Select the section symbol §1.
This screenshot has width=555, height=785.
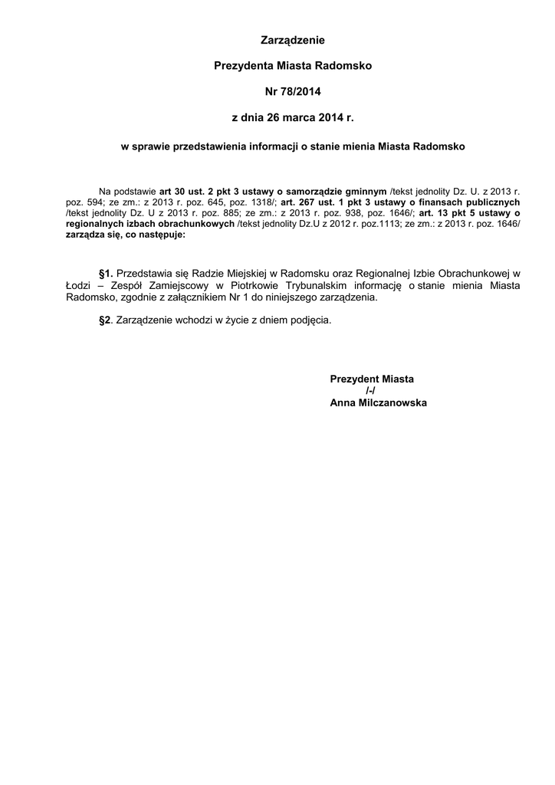pyautogui.click(x=106, y=273)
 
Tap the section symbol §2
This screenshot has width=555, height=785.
pyautogui.click(x=105, y=320)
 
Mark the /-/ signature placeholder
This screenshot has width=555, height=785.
pyautogui.click(x=371, y=391)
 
